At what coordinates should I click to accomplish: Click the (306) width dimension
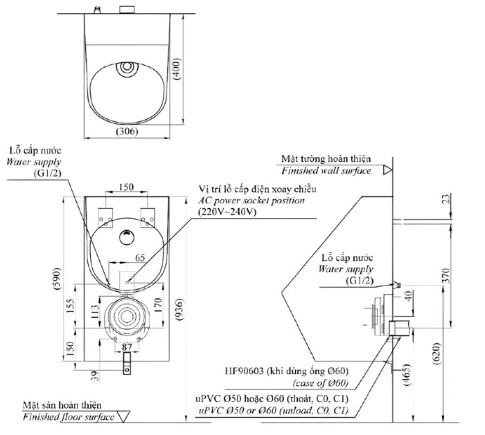click(x=127, y=131)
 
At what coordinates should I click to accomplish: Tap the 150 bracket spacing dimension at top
click(x=125, y=187)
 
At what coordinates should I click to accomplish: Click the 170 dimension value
click(x=159, y=306)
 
